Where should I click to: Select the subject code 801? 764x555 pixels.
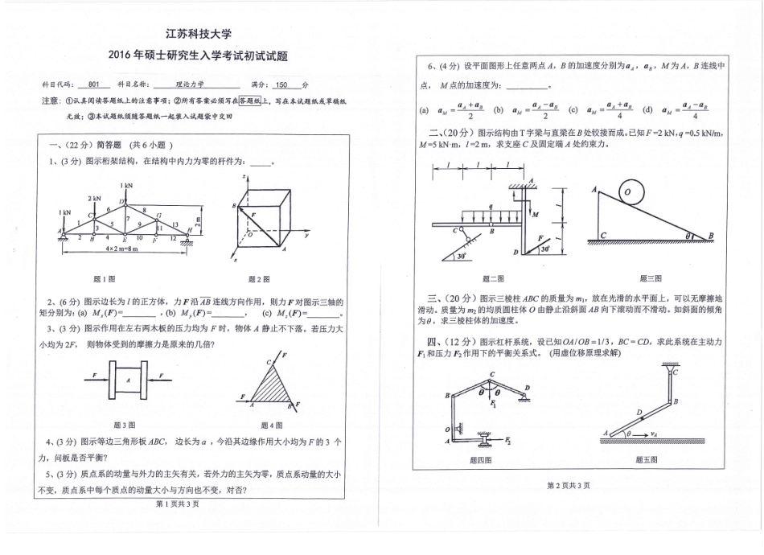pos(94,84)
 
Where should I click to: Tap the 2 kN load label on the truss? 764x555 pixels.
pos(94,198)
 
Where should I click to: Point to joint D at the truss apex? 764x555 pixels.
pos(122,201)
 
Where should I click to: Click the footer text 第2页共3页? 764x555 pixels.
pos(568,485)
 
